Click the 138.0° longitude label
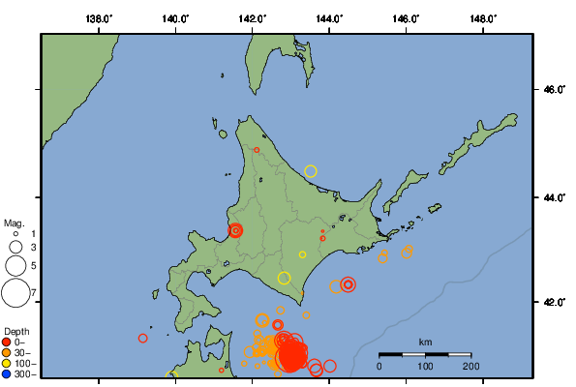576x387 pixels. (99, 18)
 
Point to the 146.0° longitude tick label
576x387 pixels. (406, 18)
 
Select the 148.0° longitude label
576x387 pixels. (483, 18)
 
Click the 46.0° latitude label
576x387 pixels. (553, 90)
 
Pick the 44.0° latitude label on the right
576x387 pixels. (553, 197)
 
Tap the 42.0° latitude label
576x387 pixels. (553, 303)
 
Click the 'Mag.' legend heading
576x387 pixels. (14, 223)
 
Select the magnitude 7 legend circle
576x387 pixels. (15, 290)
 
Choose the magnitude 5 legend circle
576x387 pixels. (15, 264)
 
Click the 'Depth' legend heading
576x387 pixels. (15, 331)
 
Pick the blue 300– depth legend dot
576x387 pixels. (7, 373)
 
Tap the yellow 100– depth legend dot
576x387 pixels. (7, 363)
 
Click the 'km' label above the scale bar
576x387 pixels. (425, 342)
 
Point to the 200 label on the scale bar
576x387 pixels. (470, 366)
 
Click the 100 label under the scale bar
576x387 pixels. (425, 366)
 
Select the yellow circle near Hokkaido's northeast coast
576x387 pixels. (311, 171)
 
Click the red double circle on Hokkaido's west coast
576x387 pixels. (234, 230)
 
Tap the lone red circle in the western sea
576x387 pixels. (143, 338)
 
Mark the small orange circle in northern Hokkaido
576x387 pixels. (257, 150)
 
